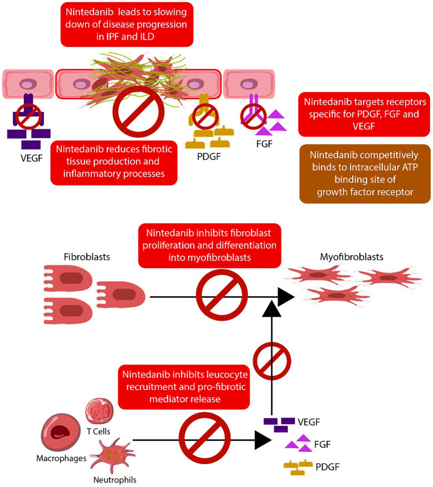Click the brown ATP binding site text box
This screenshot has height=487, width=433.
365,174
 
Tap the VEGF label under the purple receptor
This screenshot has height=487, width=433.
31,158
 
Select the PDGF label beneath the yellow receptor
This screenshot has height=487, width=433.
209,157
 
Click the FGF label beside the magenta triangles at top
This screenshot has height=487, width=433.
264,144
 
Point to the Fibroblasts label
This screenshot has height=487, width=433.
87,257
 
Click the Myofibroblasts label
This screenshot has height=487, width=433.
351,257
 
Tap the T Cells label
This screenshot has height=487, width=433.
98,431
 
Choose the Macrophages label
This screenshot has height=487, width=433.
61,458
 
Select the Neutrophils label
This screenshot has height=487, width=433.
115,480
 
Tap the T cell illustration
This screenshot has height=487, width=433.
99,411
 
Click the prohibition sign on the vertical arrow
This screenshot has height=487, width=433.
272,361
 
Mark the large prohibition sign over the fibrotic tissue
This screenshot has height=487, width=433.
138,112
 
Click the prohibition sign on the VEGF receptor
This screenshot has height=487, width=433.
28,116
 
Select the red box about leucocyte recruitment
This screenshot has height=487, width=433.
184,387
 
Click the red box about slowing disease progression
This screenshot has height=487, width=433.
127,24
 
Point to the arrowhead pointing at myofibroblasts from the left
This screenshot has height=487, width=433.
286,297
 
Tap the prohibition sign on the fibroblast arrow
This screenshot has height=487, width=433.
221,295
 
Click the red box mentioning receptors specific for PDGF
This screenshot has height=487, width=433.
364,114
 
